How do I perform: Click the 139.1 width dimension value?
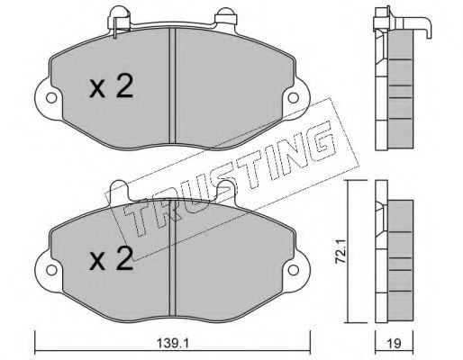[x=173, y=343]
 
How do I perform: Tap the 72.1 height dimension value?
[x=340, y=251]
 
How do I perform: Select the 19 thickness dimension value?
[x=395, y=343]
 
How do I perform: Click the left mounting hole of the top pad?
[x=51, y=98]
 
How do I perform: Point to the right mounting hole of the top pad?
[x=293, y=98]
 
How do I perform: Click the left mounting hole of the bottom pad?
[x=51, y=270]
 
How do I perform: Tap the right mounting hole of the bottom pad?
[x=293, y=270]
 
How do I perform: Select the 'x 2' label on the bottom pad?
[x=111, y=258]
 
